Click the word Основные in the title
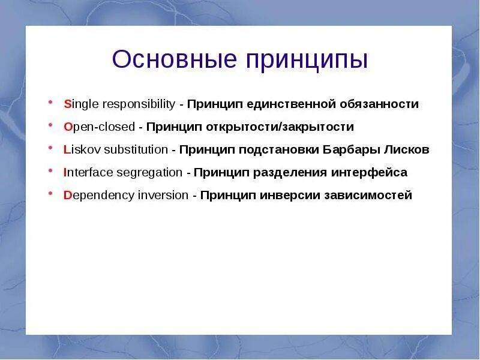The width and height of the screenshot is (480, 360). click(175, 59)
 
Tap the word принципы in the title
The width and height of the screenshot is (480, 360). click(307, 61)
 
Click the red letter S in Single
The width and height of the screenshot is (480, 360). click(67, 104)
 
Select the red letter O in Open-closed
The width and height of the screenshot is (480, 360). click(68, 127)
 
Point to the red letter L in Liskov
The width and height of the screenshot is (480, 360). click(67, 149)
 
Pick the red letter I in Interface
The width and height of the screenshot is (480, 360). click(65, 172)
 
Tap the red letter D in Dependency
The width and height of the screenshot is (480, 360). click(67, 195)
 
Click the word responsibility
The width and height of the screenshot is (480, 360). click(139, 104)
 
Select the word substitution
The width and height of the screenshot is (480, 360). click(136, 149)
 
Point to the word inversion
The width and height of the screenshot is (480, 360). click(163, 195)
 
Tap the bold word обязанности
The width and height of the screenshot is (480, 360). click(379, 104)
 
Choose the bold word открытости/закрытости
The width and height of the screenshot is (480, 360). click(280, 127)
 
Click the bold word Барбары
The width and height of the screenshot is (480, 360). click(351, 150)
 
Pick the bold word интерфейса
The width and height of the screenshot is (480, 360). click(369, 173)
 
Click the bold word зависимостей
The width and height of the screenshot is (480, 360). click(368, 195)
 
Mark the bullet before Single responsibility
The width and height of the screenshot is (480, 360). click(50, 102)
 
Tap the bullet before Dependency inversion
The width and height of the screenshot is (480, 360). click(50, 193)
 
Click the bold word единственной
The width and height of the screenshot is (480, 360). click(291, 104)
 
